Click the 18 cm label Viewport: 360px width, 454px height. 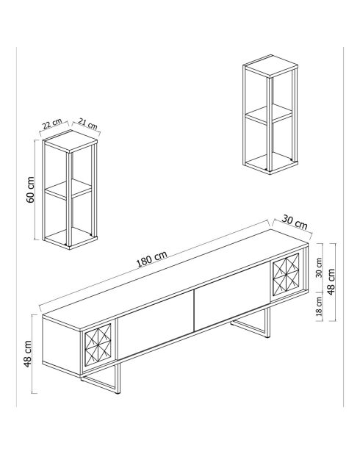318,306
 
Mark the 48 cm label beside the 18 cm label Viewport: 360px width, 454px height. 331,280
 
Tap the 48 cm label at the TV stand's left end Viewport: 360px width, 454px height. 29,353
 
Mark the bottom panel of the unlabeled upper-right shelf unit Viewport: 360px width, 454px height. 270,163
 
